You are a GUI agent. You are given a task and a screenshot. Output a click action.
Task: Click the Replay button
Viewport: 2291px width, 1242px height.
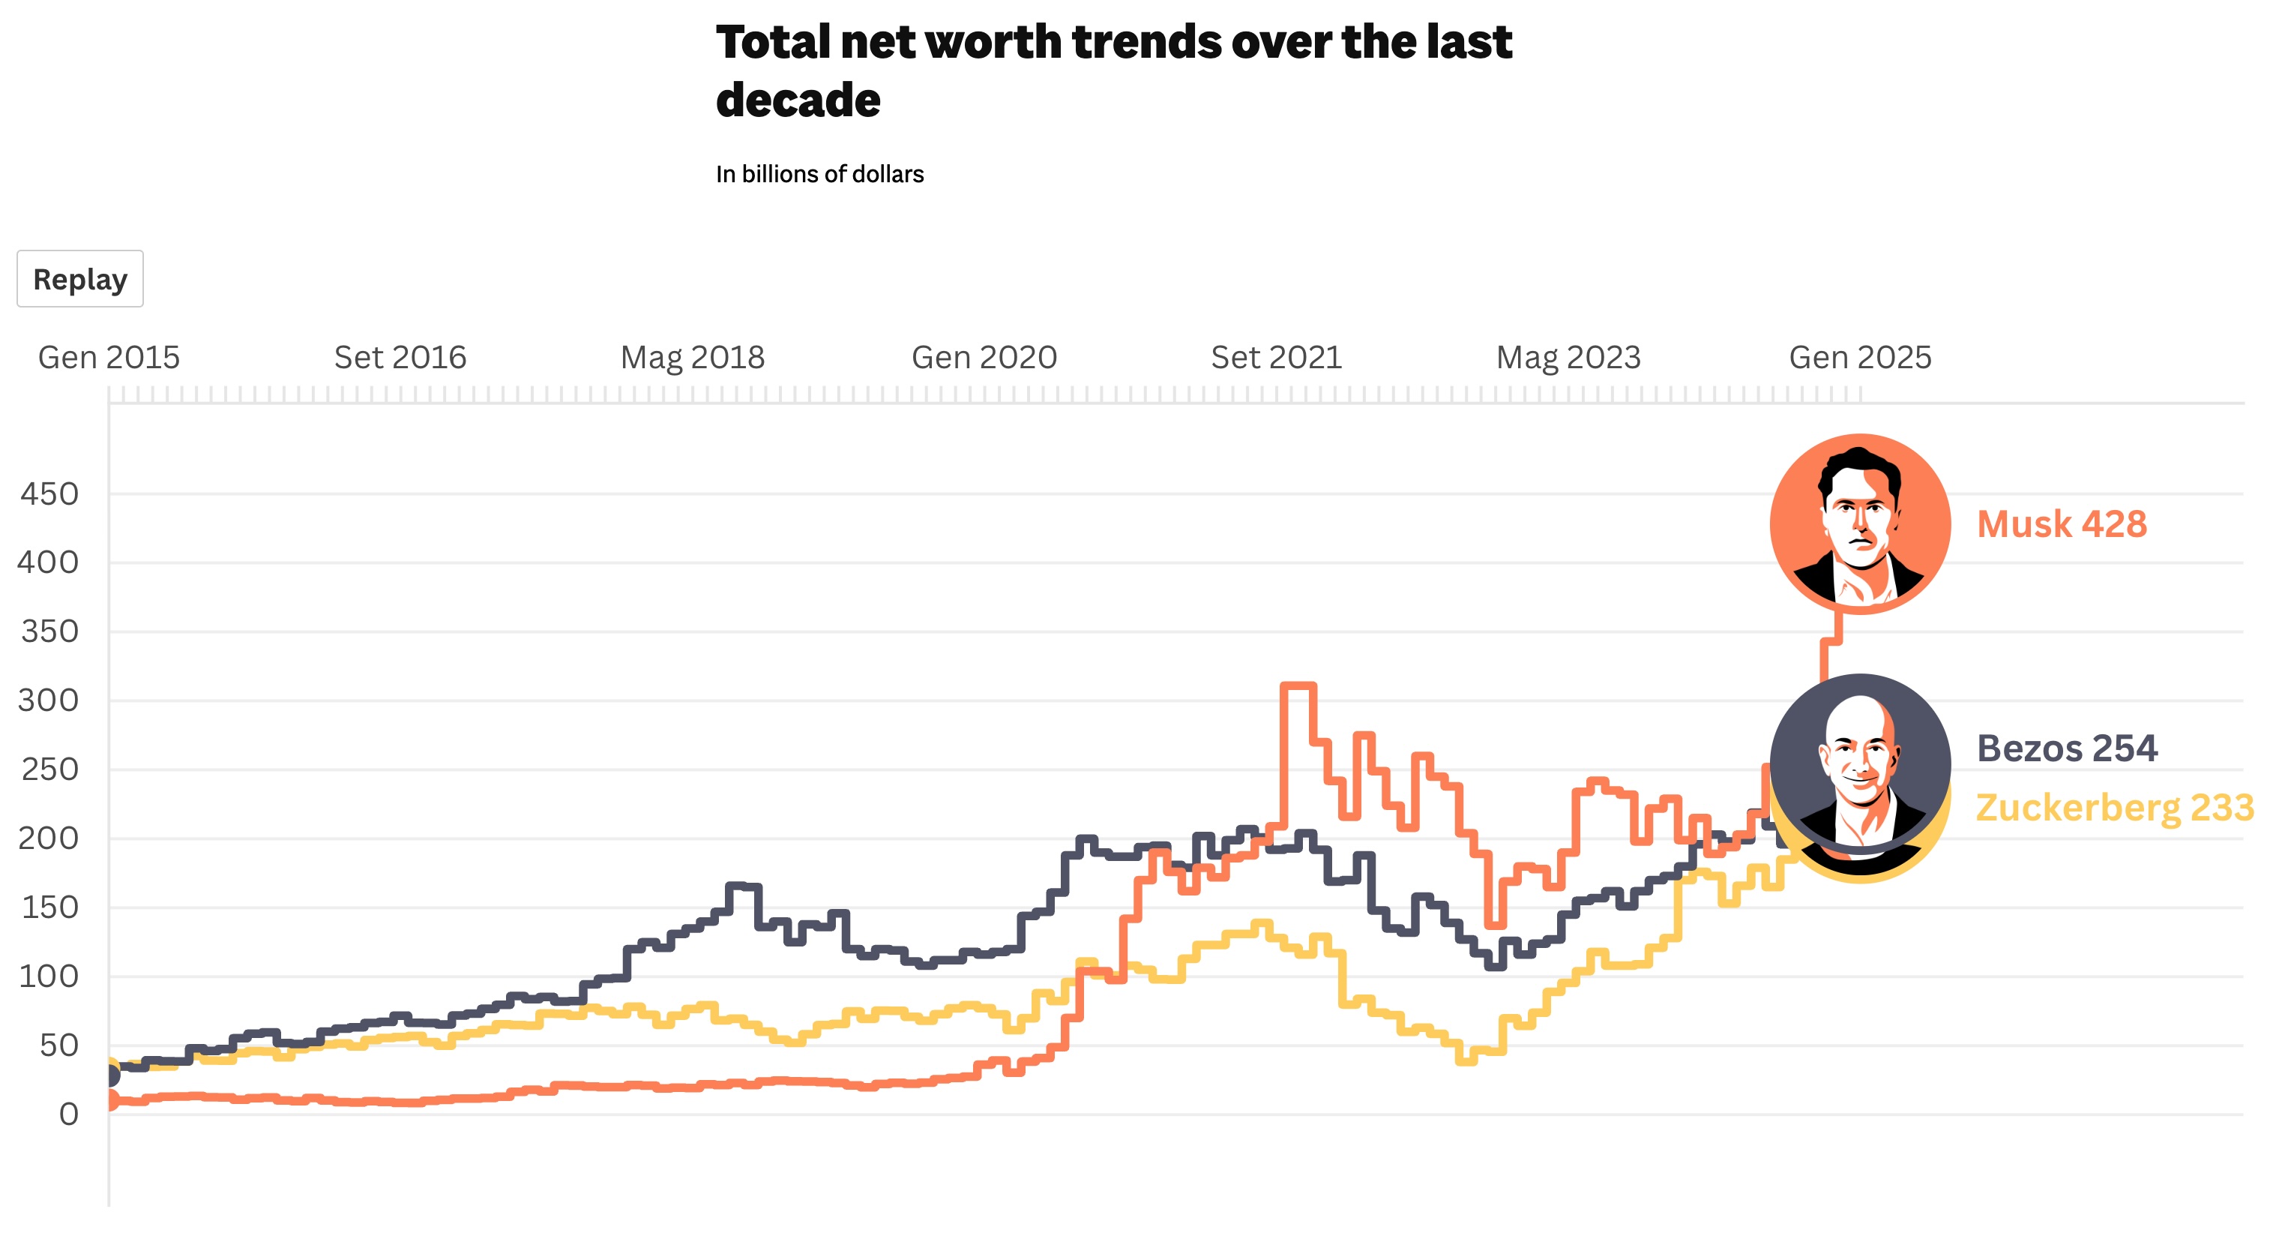point(80,279)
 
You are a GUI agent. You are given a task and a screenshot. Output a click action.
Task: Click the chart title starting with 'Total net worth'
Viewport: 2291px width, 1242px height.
point(1113,70)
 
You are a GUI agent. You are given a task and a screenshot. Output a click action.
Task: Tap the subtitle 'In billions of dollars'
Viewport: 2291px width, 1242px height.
point(819,175)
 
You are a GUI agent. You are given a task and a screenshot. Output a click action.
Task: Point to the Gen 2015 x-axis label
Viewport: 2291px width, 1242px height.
point(109,358)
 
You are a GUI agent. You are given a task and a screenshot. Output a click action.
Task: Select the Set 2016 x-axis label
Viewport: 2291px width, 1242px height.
point(400,358)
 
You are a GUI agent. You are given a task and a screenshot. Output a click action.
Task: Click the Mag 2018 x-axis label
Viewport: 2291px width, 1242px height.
point(692,358)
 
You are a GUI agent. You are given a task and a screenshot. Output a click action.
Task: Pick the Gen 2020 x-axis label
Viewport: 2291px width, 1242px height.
point(984,358)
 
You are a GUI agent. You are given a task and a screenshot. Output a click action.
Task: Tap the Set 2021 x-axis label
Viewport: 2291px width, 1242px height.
point(1275,358)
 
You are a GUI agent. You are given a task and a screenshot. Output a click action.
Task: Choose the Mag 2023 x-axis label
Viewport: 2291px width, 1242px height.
point(1568,358)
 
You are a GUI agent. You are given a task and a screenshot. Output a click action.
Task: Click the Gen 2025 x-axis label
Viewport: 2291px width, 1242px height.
point(1860,358)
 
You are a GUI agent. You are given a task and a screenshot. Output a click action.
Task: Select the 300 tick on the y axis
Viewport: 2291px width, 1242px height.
point(49,701)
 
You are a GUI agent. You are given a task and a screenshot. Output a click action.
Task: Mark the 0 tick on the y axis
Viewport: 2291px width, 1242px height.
point(68,1114)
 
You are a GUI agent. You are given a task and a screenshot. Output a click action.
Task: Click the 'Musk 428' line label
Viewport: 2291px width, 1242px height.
point(2062,524)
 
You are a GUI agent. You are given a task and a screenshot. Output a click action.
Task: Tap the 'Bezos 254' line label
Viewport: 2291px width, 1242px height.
point(2067,748)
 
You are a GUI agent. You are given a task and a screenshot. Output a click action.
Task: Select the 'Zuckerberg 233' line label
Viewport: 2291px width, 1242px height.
point(2114,808)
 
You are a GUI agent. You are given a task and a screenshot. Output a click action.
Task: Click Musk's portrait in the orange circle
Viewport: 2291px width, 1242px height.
point(1860,524)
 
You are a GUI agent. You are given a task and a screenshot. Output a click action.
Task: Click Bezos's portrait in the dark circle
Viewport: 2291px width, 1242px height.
point(1860,763)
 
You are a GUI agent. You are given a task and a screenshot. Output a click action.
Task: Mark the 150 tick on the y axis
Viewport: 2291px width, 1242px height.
point(49,908)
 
